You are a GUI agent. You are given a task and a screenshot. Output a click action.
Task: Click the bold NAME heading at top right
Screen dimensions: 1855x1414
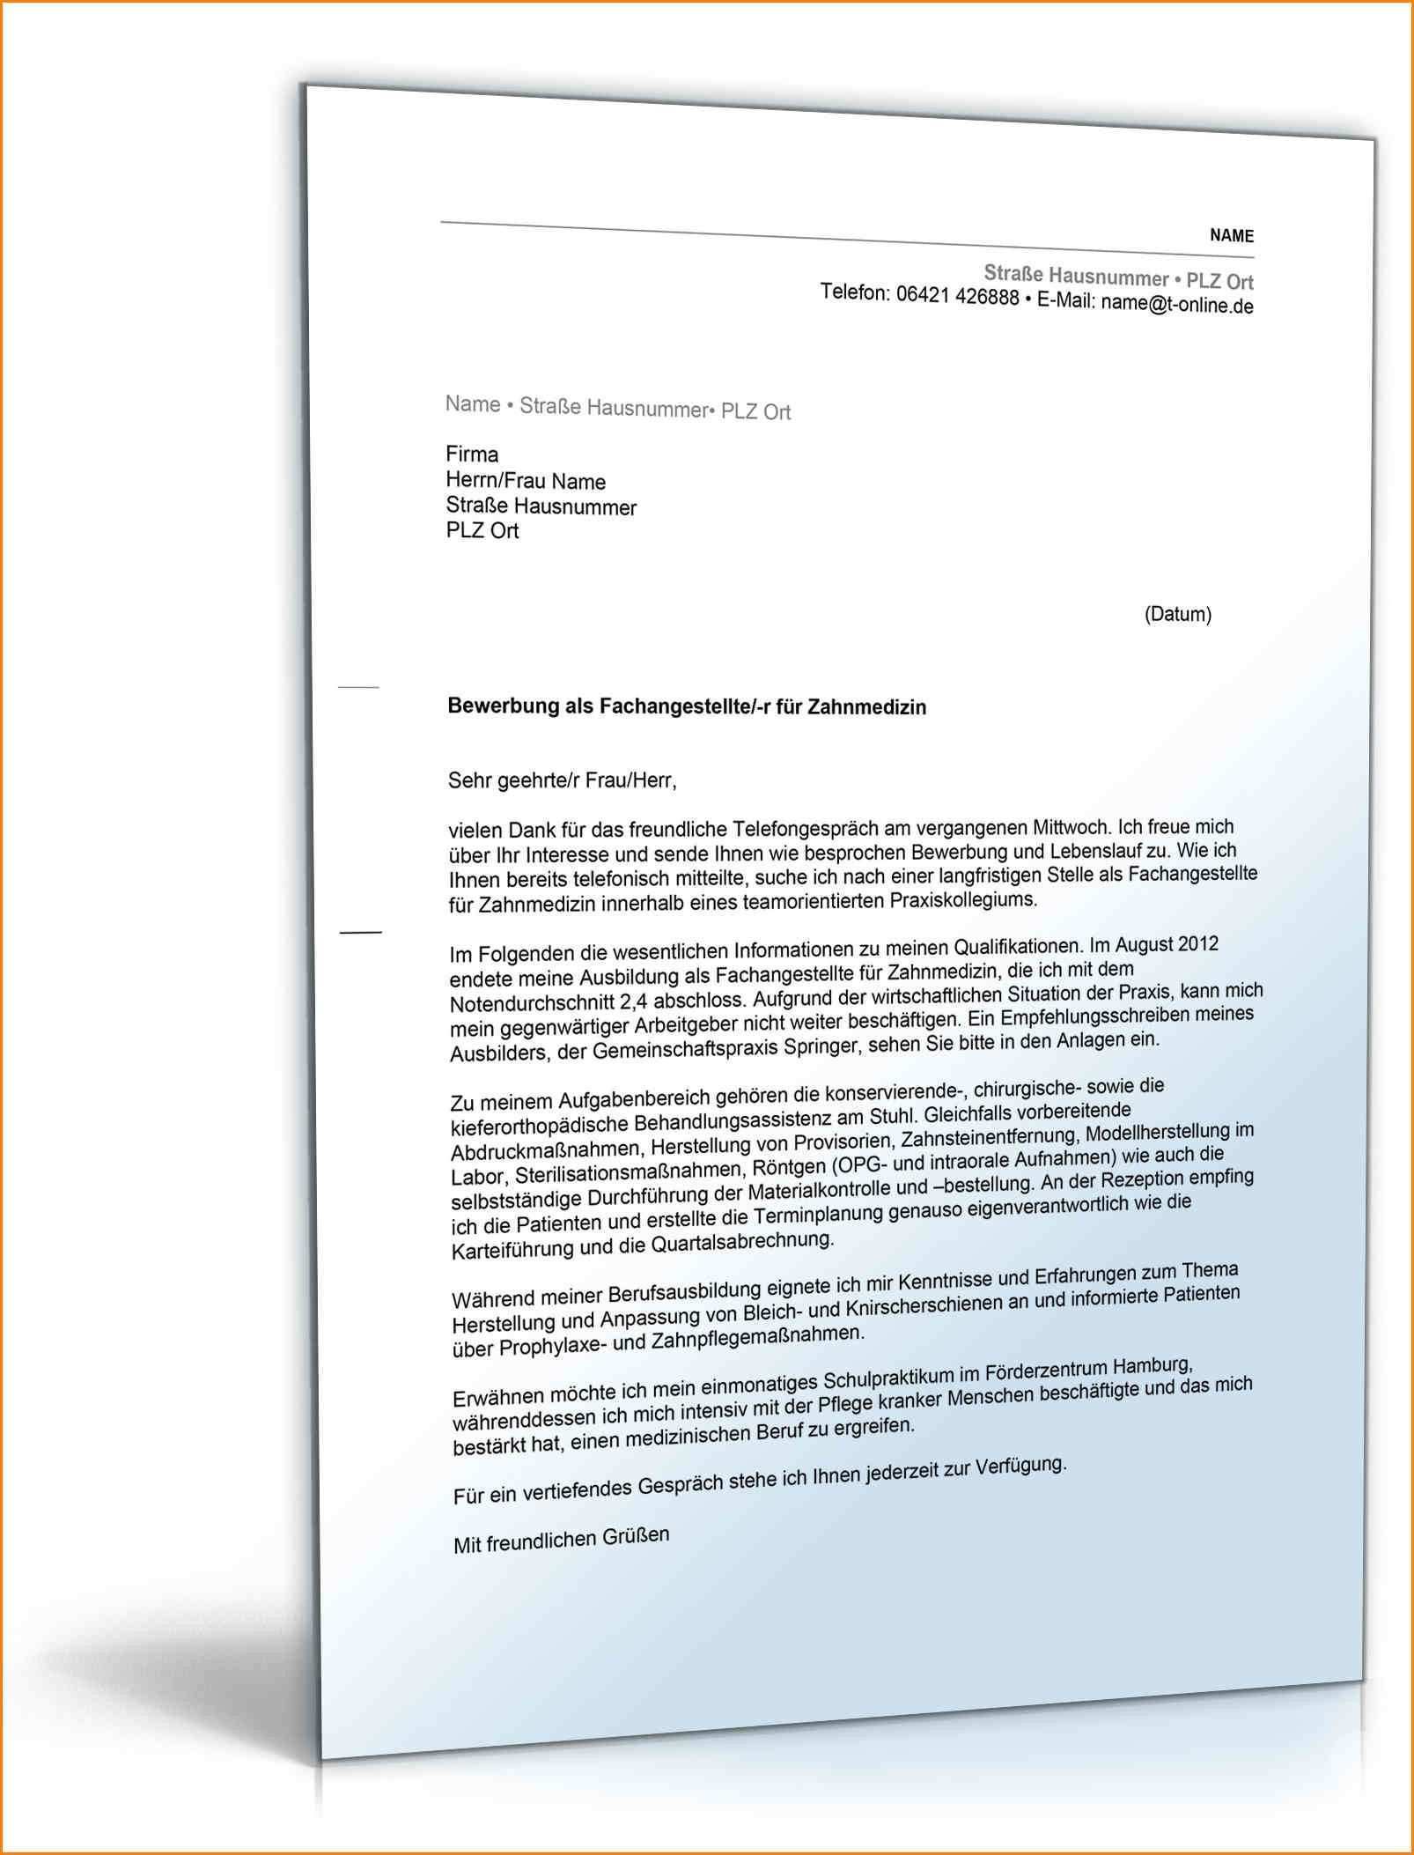[x=1231, y=235]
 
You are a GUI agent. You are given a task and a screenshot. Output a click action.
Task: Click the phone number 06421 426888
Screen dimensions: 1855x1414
[x=957, y=296]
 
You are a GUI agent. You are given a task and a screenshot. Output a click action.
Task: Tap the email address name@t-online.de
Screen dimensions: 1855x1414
[x=1176, y=305]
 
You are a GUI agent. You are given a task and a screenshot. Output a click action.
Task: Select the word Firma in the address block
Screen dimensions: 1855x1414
[x=472, y=455]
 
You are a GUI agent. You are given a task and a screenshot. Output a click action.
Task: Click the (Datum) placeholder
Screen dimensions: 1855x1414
[x=1177, y=614]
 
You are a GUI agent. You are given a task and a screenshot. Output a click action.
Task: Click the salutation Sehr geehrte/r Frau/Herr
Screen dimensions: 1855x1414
[x=563, y=780]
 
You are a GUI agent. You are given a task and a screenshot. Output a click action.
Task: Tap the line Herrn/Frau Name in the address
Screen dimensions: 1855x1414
[x=526, y=481]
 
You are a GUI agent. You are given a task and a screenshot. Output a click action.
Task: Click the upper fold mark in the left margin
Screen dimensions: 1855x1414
[x=358, y=686]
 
